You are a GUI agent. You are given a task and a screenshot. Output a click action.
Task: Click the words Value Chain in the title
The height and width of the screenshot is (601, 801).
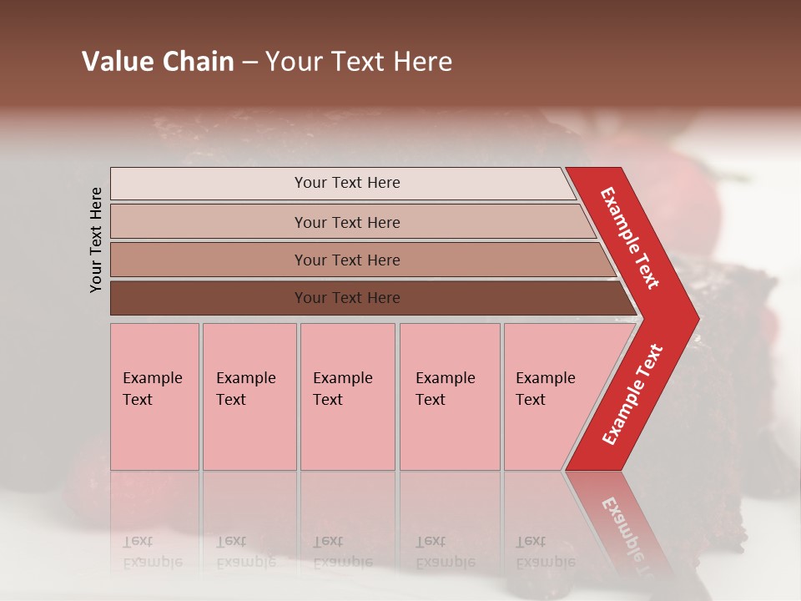(x=158, y=62)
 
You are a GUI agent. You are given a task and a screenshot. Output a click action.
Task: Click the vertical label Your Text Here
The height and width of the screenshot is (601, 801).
(x=97, y=240)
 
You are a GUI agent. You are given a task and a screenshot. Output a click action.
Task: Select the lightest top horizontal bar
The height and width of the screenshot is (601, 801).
(x=209, y=184)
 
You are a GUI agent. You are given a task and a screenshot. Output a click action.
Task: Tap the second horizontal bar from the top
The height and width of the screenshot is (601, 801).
(x=209, y=222)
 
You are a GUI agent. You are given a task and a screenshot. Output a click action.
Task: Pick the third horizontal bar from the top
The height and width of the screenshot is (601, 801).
(x=209, y=260)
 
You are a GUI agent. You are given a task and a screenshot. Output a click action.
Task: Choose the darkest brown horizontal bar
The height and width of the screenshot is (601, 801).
(x=209, y=298)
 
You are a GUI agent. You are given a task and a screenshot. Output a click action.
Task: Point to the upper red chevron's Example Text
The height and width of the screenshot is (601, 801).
(x=631, y=238)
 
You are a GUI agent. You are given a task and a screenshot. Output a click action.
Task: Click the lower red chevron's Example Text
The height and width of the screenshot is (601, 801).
(x=632, y=395)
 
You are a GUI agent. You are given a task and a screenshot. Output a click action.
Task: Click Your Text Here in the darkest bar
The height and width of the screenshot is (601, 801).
(x=347, y=298)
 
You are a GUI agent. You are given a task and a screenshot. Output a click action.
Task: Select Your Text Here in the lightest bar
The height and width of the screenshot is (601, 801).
(x=347, y=183)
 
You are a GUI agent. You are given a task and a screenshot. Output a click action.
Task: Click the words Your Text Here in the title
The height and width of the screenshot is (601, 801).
(x=359, y=62)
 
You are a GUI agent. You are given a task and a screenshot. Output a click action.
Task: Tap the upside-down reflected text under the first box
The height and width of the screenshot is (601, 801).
(x=153, y=552)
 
